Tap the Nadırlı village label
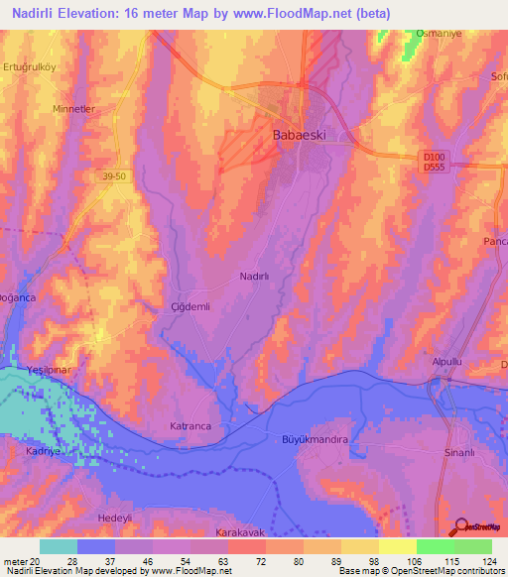256,279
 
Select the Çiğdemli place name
191,307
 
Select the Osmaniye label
440,33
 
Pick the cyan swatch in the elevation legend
59,546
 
